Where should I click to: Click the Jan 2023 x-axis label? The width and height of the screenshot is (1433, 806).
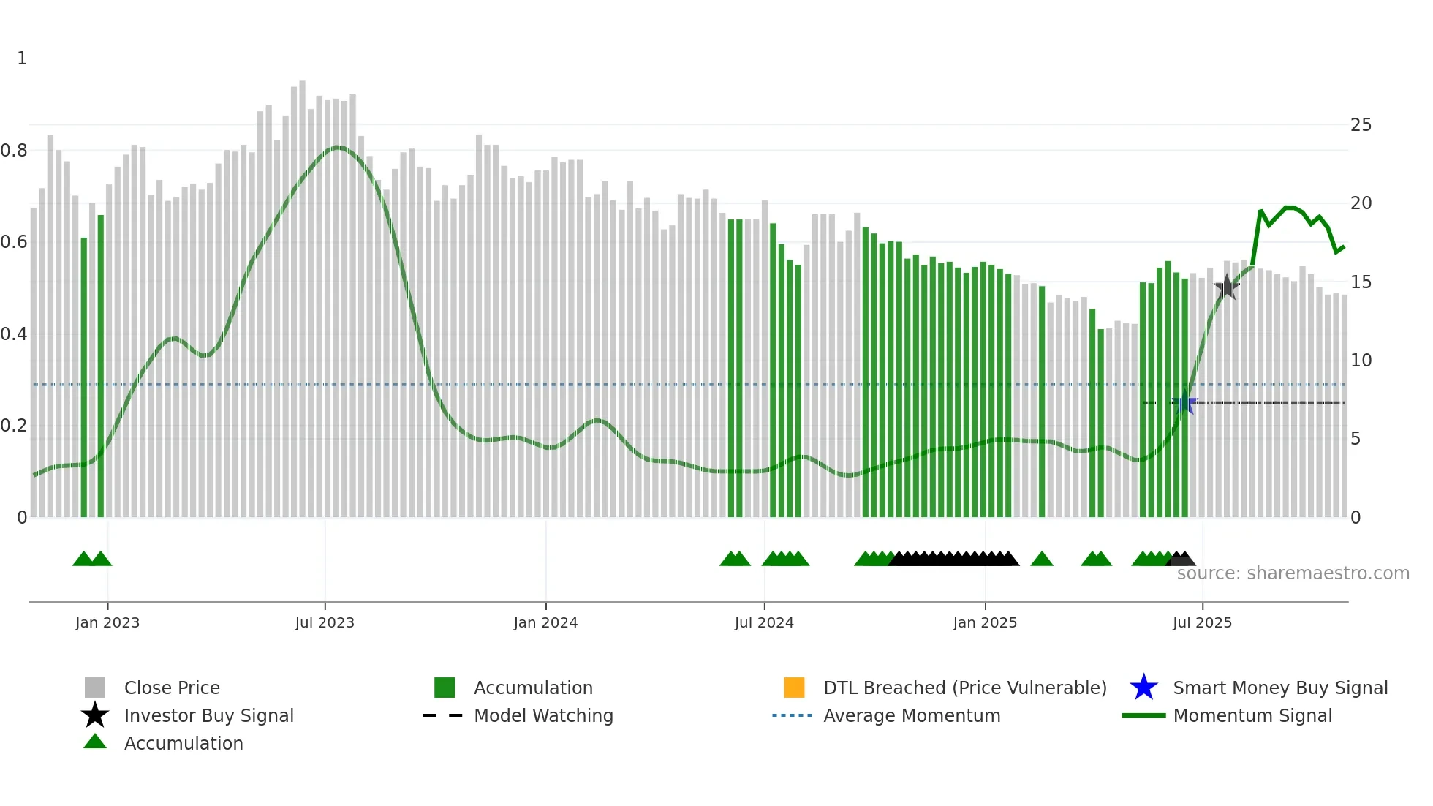pos(107,622)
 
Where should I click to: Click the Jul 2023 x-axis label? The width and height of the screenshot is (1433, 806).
pos(325,622)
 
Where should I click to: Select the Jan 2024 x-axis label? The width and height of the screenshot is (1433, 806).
pos(545,622)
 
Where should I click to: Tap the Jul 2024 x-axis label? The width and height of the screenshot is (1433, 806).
pos(764,622)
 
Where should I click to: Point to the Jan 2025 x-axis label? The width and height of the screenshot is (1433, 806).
pos(985,622)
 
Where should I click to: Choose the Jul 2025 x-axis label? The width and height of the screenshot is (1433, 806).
pos(1202,622)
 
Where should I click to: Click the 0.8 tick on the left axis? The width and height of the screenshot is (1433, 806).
pos(14,151)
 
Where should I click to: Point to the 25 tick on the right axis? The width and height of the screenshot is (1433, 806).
pos(1361,125)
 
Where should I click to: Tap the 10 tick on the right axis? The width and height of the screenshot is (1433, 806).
pos(1361,361)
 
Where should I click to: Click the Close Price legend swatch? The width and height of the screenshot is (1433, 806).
pos(95,688)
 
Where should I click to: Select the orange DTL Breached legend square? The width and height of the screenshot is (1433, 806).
pos(794,688)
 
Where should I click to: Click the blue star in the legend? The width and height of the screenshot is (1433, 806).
pos(1143,688)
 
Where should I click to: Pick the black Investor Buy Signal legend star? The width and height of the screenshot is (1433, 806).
pos(95,715)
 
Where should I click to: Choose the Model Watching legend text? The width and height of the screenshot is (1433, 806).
pos(543,715)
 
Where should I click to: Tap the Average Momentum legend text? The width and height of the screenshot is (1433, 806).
pos(912,715)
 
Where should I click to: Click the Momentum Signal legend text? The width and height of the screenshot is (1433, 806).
pos(1252,715)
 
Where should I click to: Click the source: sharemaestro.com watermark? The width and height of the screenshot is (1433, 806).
pos(1293,573)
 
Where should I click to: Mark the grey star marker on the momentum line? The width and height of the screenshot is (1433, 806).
pos(1226,287)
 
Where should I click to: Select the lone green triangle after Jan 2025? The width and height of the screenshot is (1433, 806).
pos(1041,560)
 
